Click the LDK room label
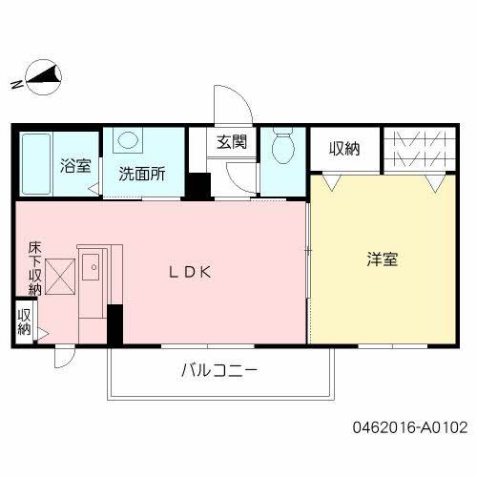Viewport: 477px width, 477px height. (x=189, y=272)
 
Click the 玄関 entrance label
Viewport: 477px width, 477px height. (x=231, y=143)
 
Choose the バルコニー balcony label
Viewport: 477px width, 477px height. (x=218, y=372)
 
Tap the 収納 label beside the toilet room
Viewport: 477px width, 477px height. (x=344, y=148)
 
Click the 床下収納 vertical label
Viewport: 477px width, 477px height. (x=34, y=268)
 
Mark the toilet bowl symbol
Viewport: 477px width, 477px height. (x=282, y=149)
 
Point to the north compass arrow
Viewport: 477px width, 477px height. (x=43, y=76)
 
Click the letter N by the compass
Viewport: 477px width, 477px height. (x=16, y=87)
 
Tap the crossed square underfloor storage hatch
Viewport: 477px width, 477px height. (x=60, y=279)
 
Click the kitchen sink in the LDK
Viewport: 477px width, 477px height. (x=94, y=269)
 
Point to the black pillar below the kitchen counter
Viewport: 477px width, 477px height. (x=114, y=325)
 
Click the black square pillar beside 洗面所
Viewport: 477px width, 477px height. (x=198, y=185)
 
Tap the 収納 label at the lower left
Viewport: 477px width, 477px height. (x=24, y=321)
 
